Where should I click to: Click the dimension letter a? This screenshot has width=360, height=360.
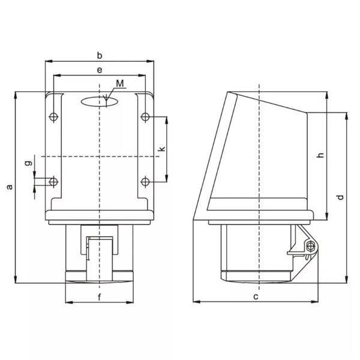pos(9,187)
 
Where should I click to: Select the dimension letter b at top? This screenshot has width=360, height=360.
pos(100,55)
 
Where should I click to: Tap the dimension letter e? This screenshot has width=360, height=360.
pos(100,70)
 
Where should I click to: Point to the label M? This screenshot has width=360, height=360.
pos(120,83)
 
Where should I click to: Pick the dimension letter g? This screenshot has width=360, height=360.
pos(28,163)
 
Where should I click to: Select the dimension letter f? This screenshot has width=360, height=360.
pos(100,295)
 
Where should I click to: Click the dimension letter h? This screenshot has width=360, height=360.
pos(320,155)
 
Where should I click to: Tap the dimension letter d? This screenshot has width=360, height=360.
pos(340,197)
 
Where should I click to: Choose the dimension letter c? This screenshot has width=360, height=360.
pos(255,296)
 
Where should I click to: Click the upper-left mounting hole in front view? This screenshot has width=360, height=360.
pos(54,116)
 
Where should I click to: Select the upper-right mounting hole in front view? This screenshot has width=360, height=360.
pos(145,116)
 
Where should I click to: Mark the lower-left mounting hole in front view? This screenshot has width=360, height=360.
pos(54,181)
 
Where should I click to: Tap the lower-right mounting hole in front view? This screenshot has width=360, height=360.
pos(145,181)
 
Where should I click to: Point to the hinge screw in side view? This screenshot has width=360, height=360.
pos(310,247)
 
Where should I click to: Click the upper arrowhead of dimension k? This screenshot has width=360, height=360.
pos(166,118)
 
